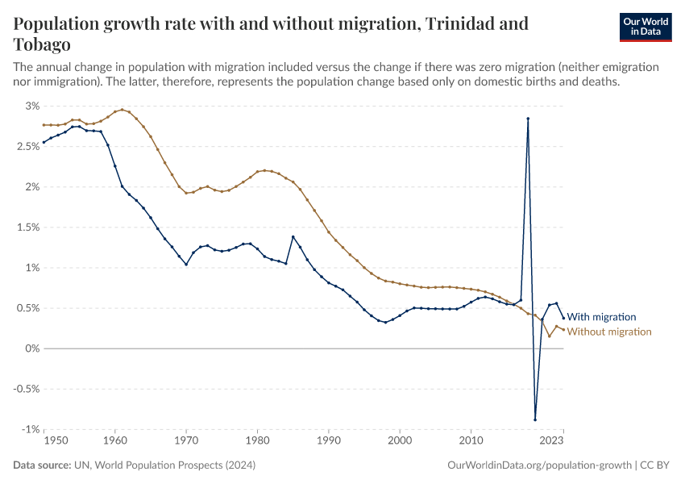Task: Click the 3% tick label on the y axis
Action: point(32,106)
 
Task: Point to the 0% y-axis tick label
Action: point(32,348)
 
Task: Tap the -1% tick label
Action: point(31,429)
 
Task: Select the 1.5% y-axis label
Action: point(28,227)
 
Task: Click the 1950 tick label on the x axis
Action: point(55,441)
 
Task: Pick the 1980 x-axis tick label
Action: point(257,441)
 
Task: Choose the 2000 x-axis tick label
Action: point(400,441)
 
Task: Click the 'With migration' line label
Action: point(601,317)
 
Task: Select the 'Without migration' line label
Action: point(609,332)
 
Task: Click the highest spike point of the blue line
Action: point(528,119)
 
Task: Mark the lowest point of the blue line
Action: point(535,419)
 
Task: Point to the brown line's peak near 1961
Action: point(122,109)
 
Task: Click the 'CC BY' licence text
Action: point(655,465)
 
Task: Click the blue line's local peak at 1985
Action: point(293,236)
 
